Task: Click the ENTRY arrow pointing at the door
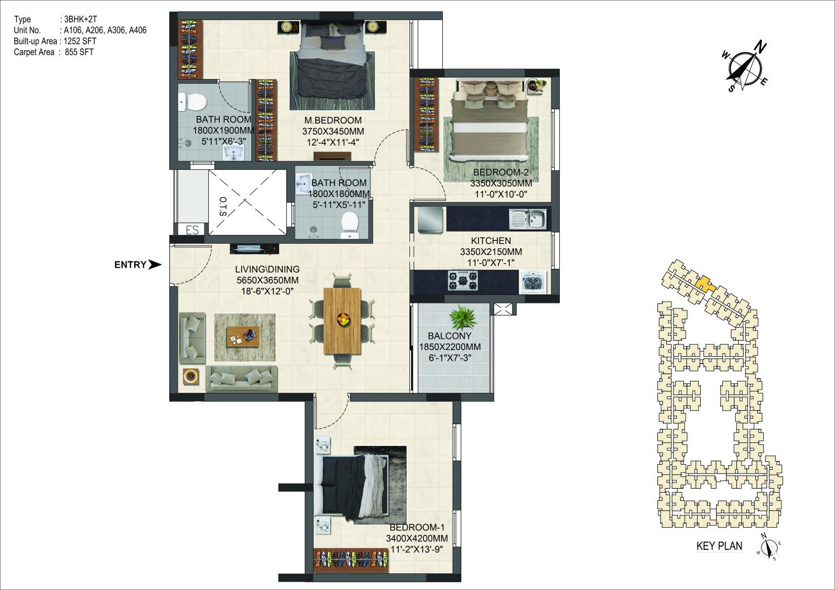point(155,264)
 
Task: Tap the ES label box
point(192,230)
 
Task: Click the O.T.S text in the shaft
point(223,206)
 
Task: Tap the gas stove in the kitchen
point(463,281)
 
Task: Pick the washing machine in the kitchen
point(534,282)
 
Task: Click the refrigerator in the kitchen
point(430,219)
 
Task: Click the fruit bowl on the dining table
point(344,319)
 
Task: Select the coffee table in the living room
point(243,337)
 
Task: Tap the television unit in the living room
point(254,249)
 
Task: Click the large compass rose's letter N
point(761,48)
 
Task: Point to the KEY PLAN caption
point(719,546)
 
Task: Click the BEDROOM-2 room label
point(501,172)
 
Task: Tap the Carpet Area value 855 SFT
point(79,52)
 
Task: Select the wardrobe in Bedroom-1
point(351,560)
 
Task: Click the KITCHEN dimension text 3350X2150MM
point(491,252)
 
